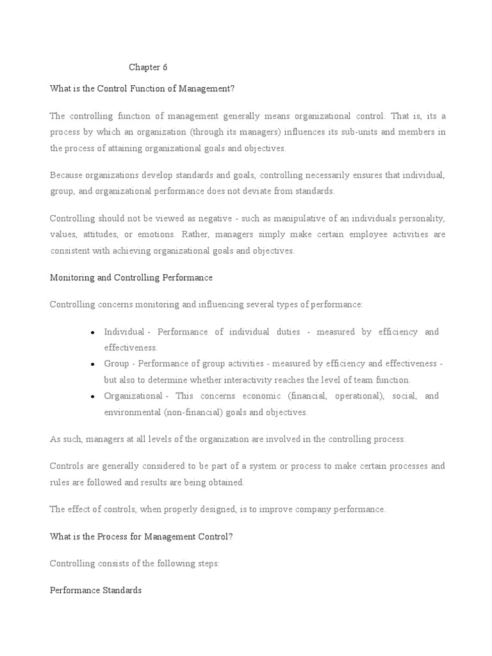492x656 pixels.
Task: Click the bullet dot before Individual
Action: coord(94,332)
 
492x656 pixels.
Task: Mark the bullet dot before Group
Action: coord(94,365)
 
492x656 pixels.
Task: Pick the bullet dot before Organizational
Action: coord(94,397)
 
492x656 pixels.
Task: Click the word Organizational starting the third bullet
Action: coord(133,396)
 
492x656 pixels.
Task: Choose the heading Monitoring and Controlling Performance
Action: coord(131,278)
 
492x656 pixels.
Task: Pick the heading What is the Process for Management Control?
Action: coord(141,537)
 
